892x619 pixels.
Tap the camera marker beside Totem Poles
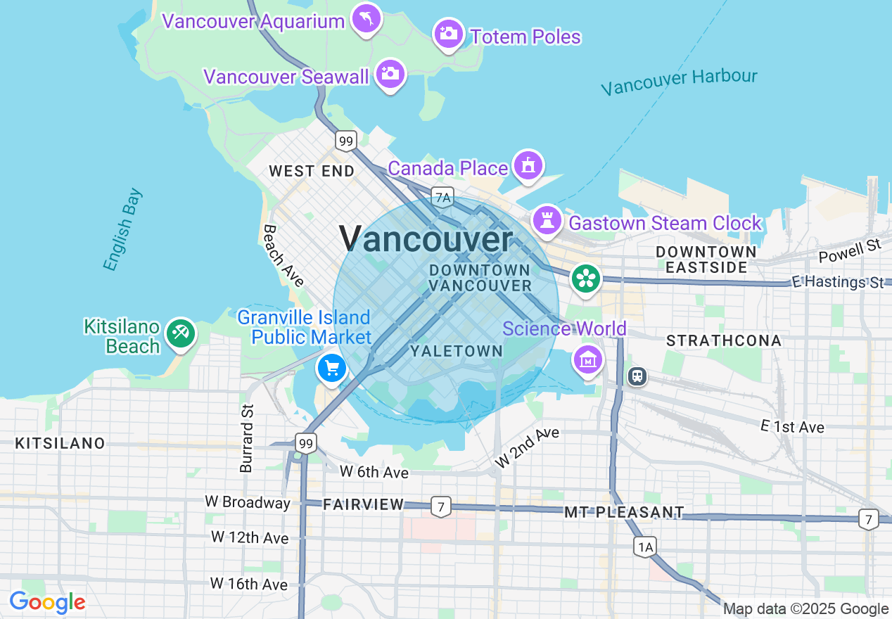tap(448, 33)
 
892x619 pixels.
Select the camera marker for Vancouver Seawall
tap(390, 73)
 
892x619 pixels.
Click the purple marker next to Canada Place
tap(527, 165)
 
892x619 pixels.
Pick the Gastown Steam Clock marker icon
tap(547, 221)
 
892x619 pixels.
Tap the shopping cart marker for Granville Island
tap(331, 367)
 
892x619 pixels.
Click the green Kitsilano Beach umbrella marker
tap(180, 333)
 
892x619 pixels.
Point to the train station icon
tap(637, 376)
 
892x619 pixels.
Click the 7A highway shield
tap(443, 197)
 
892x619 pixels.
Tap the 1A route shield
tap(644, 547)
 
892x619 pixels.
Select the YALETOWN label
tap(457, 351)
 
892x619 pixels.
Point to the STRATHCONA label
tap(724, 340)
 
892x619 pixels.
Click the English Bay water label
tap(122, 229)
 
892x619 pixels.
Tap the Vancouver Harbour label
tap(679, 82)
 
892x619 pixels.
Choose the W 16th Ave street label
tap(249, 584)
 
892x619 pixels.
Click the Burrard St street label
tap(246, 438)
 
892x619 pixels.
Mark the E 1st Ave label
tap(792, 427)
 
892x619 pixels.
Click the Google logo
tap(47, 602)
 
